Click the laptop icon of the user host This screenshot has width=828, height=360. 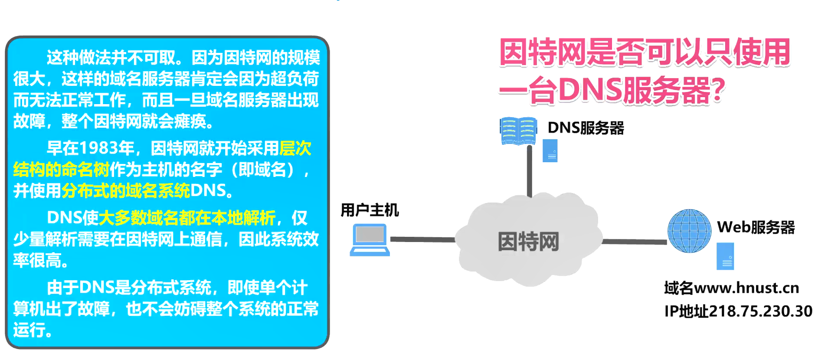tap(370, 239)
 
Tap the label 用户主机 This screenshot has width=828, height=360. tap(369, 210)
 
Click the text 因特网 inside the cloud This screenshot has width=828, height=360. tap(528, 242)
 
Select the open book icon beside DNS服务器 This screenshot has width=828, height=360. tap(518, 131)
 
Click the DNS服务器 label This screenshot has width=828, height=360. tap(586, 128)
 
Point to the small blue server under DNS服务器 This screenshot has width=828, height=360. tap(550, 151)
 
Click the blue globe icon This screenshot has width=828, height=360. tap(689, 231)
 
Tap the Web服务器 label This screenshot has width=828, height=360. tap(756, 227)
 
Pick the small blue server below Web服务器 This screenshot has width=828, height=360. tap(725, 256)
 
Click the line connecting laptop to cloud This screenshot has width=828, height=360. tap(422, 239)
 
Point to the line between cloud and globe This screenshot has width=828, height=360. tap(634, 242)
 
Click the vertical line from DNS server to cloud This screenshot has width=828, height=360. tap(529, 171)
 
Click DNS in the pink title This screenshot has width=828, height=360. tap(590, 90)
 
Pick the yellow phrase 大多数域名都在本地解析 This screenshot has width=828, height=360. tap(187, 218)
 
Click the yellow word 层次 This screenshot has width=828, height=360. tap(295, 148)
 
